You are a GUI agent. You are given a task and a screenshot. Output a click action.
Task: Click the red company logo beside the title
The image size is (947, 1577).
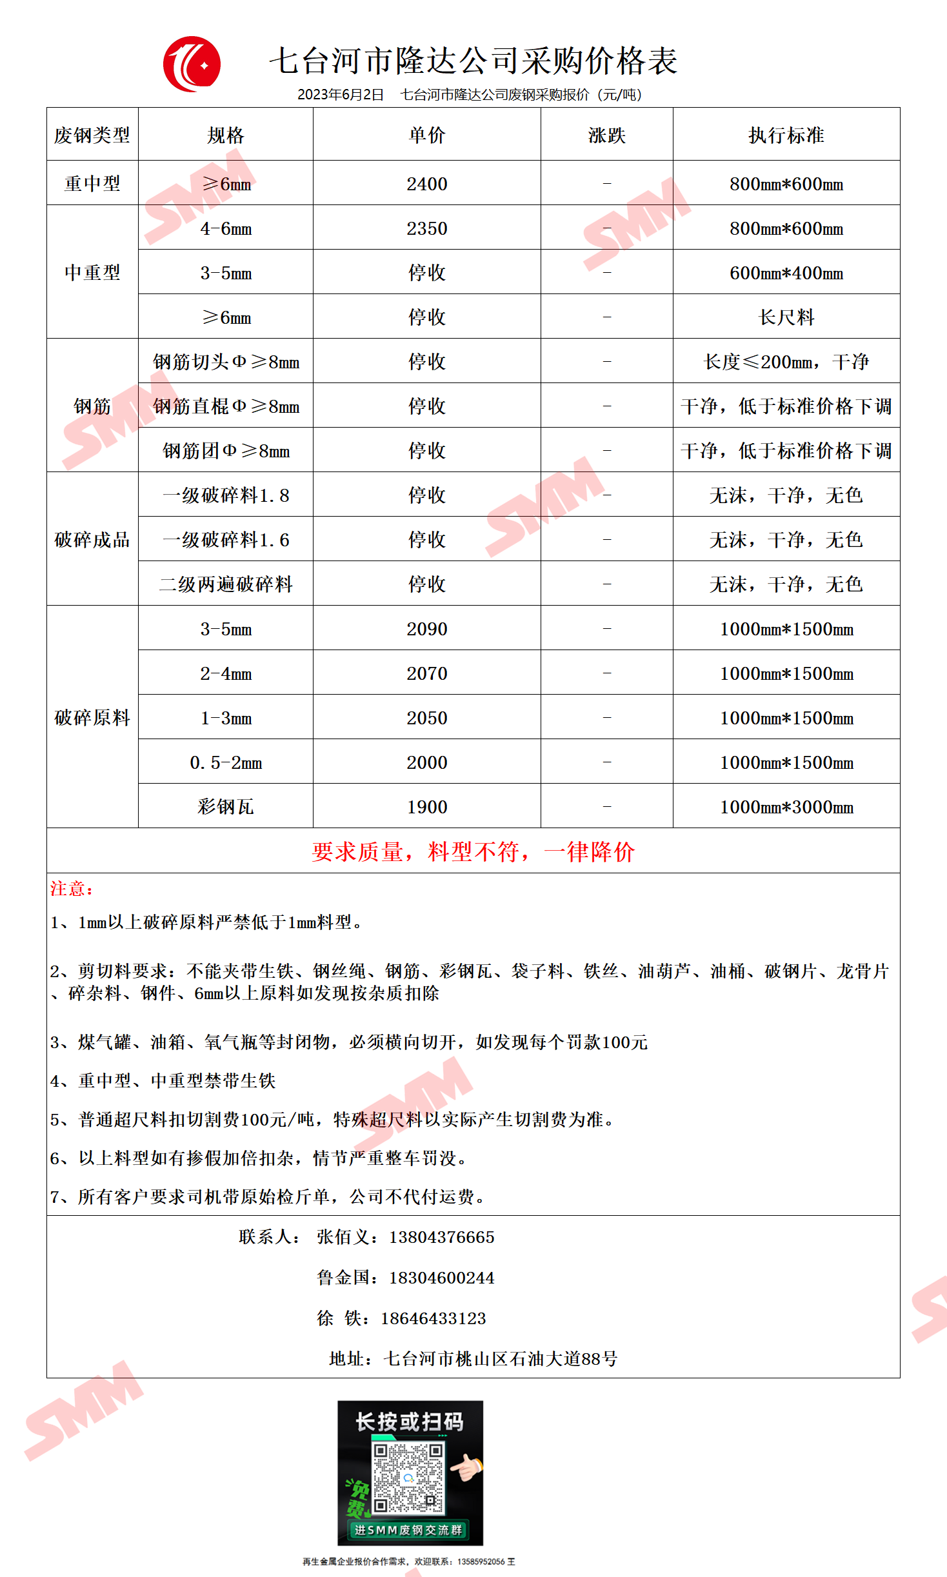[192, 64]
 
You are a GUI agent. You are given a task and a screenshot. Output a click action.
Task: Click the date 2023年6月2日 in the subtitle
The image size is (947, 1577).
[340, 95]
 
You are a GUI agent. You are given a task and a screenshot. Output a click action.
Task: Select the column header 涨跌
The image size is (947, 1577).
[606, 135]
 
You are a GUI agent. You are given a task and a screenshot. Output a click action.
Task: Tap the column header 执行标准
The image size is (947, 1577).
[786, 135]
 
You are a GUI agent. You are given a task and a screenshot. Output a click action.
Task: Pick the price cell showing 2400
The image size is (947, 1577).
[426, 184]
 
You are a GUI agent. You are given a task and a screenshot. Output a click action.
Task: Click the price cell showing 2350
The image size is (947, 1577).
[426, 228]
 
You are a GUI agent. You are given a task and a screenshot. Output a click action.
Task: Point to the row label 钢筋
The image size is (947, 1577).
[92, 406]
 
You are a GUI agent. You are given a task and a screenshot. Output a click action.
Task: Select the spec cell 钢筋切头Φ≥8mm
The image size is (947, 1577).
[226, 362]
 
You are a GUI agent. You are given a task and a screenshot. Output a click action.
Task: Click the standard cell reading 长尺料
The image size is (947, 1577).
[786, 317]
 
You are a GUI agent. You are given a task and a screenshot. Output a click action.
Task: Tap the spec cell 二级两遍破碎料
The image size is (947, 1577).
[226, 584]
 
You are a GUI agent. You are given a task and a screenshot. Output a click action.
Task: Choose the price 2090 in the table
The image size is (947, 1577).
[426, 629]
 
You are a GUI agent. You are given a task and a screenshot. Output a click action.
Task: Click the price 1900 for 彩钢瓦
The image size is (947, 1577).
[426, 807]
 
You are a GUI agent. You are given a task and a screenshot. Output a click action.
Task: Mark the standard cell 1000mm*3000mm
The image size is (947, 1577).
[786, 807]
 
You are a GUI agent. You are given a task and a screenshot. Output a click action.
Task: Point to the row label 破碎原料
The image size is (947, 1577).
[92, 718]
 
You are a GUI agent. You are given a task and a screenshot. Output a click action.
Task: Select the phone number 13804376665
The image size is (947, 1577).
[441, 1237]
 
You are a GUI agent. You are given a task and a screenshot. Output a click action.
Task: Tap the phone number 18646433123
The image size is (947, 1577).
[433, 1318]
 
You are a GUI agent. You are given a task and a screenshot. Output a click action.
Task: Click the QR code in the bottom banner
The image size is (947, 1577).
[408, 1478]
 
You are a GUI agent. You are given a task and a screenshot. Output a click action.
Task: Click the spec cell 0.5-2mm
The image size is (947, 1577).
[226, 762]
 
